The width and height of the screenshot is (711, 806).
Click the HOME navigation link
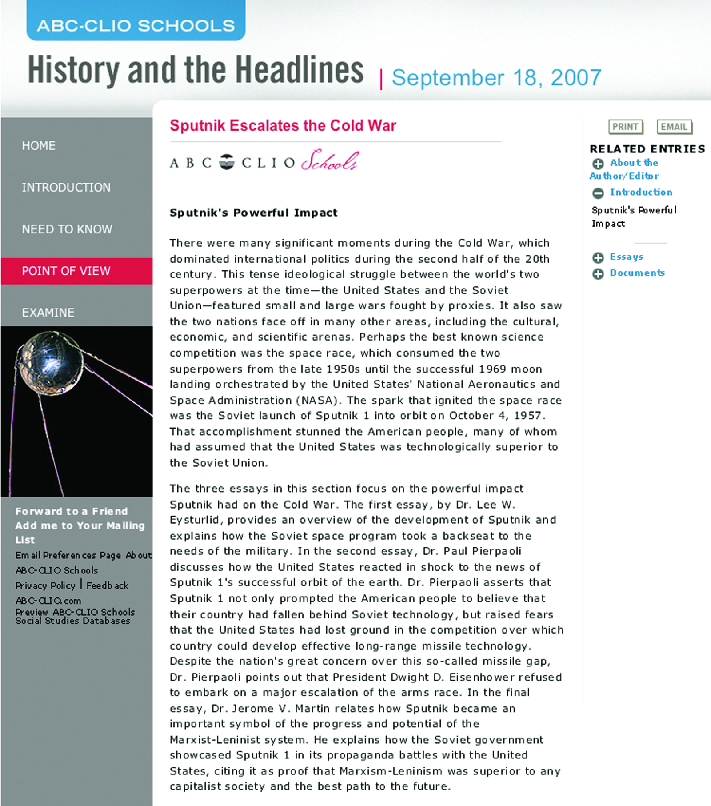pos(39,146)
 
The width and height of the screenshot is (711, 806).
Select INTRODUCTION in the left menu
pos(66,188)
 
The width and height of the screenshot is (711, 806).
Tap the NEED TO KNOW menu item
pos(67,229)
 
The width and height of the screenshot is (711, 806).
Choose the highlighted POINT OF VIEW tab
pos(66,271)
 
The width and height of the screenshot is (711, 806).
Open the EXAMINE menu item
pos(48,313)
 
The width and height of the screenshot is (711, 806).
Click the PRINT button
pos(625,127)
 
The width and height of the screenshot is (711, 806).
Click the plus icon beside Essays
pos(598,258)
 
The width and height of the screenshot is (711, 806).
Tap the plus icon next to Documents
pos(598,274)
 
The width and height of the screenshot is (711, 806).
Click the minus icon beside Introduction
pos(598,193)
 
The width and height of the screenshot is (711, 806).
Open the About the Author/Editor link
pos(633,163)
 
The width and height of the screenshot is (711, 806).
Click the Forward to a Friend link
pos(72,511)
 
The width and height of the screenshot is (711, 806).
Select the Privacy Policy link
pos(45,585)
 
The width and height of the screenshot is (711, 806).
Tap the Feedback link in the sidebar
pos(108,585)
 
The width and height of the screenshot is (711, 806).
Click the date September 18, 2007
pos(496,78)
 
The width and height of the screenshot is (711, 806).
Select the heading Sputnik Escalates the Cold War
pos(283,126)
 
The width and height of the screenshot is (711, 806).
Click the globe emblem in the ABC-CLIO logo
pos(227,162)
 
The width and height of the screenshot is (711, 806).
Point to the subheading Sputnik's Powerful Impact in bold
pos(253,213)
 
